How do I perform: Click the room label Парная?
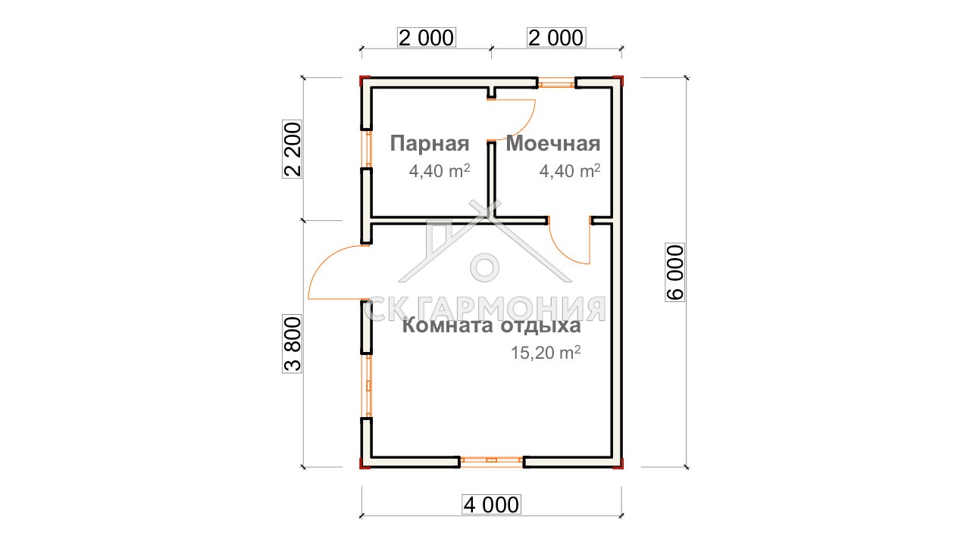coord(430,144)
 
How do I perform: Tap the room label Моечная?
coord(553,144)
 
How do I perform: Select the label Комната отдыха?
coord(492,325)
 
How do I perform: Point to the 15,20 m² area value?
coord(546,353)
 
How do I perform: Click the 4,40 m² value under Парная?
coord(440,171)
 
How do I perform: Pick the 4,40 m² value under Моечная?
coord(570,171)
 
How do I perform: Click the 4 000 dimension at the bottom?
coord(491,505)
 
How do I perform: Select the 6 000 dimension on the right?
coord(675,272)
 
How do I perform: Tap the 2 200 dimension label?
coord(293,149)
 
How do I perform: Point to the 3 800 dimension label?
coord(293,344)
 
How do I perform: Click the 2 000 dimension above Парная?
coord(427,38)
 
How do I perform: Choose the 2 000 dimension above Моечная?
coord(556,38)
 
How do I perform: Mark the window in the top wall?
coord(556,83)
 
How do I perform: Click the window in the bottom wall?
coord(492,462)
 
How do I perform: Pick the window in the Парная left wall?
coord(368,149)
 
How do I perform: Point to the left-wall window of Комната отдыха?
coord(368,386)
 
